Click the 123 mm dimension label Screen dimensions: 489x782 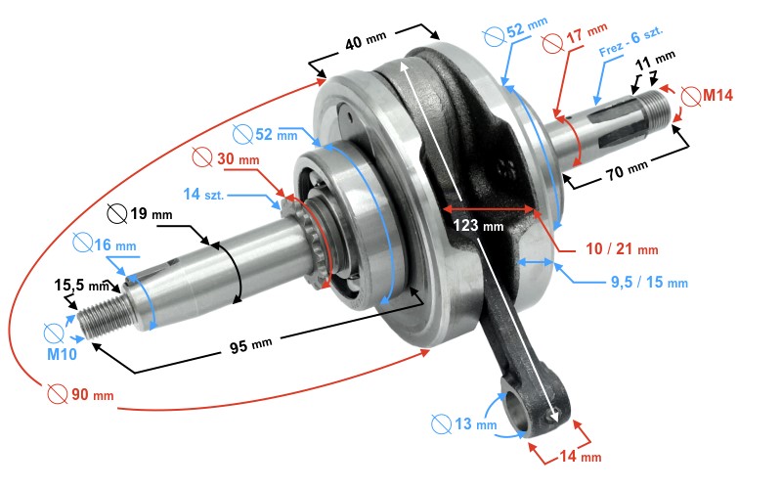coord(478,226)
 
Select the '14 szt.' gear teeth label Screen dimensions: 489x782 coord(203,195)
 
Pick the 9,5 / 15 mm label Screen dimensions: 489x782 coord(650,283)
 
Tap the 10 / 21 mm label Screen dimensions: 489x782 coord(621,249)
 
